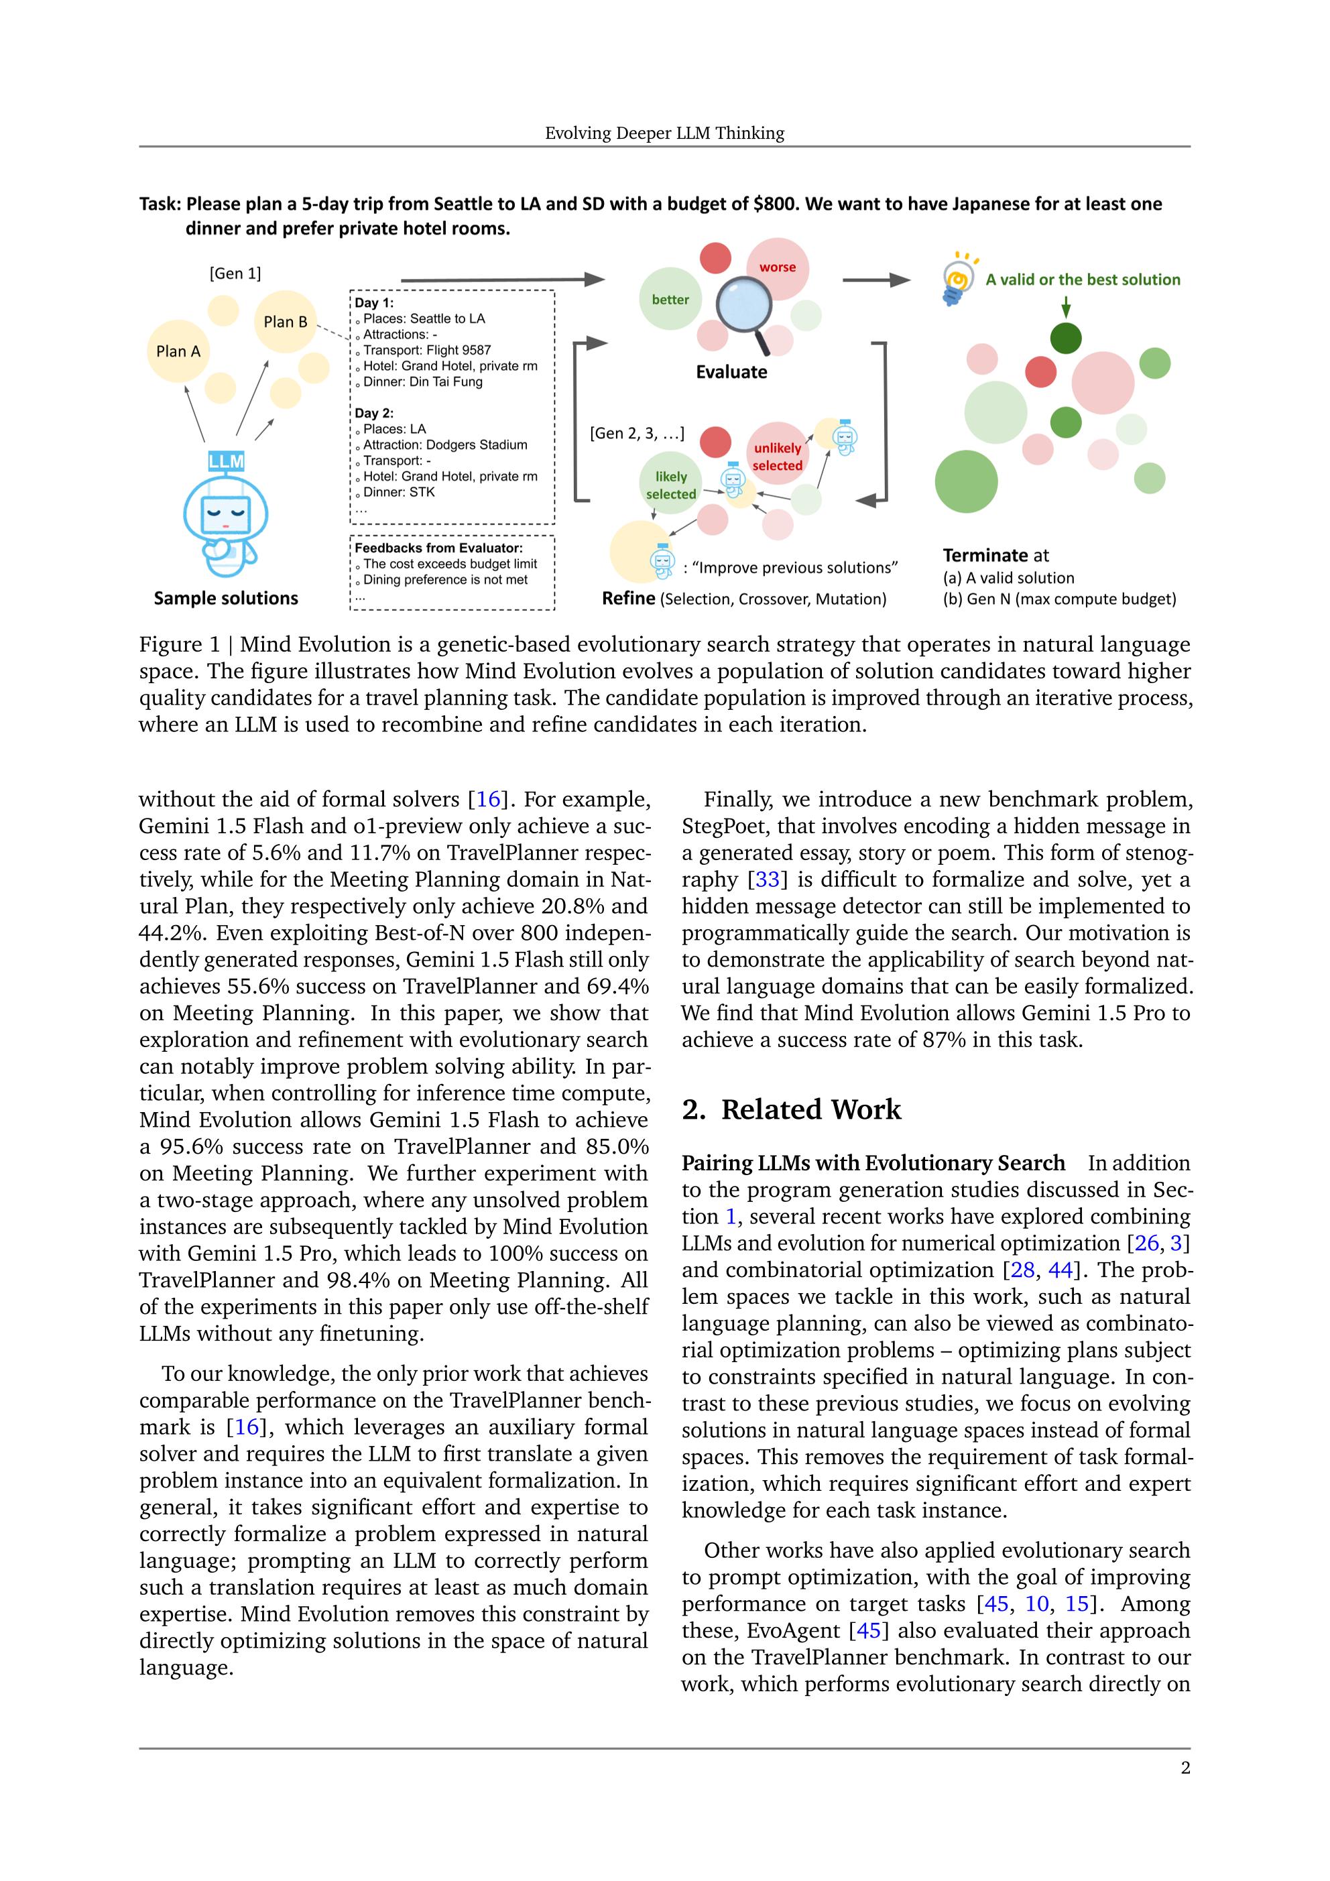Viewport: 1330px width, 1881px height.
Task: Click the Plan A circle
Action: [178, 351]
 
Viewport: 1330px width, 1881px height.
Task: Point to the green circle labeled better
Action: [670, 300]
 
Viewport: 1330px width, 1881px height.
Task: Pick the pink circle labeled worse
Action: [777, 268]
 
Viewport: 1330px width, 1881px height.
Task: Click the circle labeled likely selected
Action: [670, 485]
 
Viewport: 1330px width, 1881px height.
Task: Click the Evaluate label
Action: [731, 372]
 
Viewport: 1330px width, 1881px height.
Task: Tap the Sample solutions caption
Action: [225, 599]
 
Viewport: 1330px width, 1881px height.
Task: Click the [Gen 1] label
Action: [235, 274]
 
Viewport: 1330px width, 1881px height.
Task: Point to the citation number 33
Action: [767, 880]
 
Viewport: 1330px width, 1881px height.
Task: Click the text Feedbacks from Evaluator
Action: [438, 548]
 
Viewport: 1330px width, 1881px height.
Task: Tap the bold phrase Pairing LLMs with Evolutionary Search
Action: [873, 1163]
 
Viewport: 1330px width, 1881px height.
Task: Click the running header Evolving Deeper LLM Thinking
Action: [664, 133]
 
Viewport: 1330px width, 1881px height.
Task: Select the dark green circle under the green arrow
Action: [1065, 339]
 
